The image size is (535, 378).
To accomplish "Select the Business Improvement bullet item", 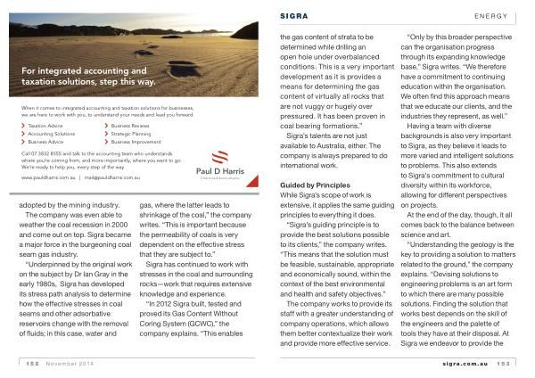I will (x=136, y=141).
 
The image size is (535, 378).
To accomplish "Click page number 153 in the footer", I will (x=505, y=363).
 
